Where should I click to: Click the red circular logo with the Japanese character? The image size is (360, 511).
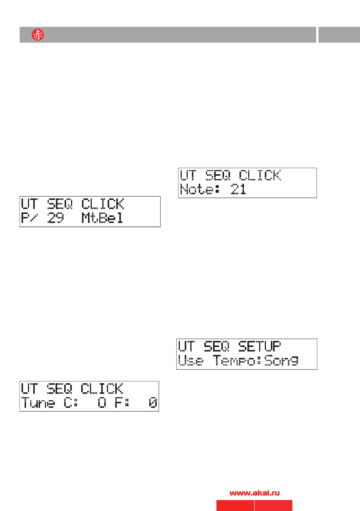point(38,35)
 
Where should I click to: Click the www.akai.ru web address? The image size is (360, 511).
point(255,493)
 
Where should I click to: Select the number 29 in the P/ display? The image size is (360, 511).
point(55,218)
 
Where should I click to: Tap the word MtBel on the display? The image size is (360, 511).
point(102,218)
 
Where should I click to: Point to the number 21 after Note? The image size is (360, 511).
point(238,189)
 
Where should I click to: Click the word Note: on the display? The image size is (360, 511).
point(200,189)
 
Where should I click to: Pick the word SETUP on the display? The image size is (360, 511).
point(260,346)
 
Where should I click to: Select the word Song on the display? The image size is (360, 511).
point(281,361)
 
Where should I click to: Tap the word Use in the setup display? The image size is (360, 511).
point(191,361)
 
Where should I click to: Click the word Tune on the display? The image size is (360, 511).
point(38,403)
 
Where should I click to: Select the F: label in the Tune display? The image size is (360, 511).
point(122,403)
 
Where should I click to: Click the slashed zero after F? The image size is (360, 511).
point(153,403)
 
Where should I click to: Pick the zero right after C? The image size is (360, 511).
point(102,403)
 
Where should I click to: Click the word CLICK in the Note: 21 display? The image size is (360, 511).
point(260,175)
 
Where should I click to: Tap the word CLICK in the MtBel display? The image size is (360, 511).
point(103,204)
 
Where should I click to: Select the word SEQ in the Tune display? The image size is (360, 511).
point(60,389)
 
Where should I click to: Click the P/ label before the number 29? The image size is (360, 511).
point(29,218)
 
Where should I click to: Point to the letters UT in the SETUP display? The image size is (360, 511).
point(187,346)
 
